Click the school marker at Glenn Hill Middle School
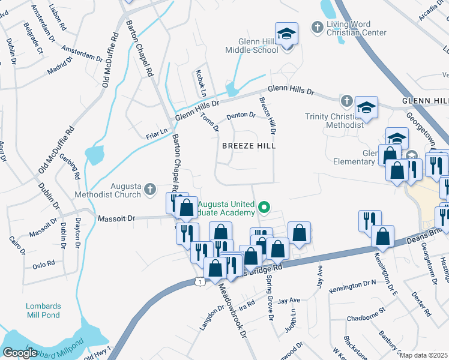[286, 34]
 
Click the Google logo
[20, 353]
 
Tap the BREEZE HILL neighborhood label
[249, 146]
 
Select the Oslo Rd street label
[44, 263]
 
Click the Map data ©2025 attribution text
[424, 355]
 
